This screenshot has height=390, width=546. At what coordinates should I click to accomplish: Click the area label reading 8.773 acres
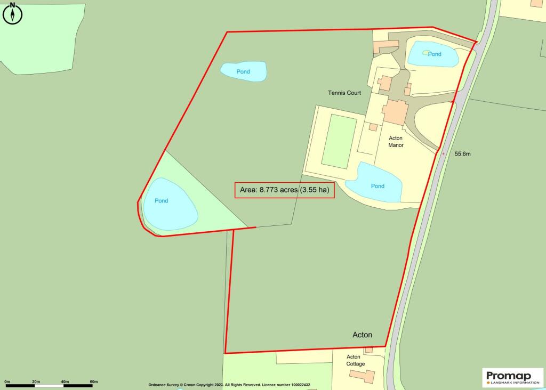pos(285,190)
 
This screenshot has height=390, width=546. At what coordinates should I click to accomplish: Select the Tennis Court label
pos(344,93)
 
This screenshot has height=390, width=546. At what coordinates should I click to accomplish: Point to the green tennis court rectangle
pos(339,141)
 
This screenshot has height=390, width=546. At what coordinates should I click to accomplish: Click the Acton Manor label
pos(396,141)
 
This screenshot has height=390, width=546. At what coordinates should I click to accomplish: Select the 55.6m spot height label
pos(463,153)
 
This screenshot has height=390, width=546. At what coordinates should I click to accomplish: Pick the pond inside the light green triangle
pos(170,203)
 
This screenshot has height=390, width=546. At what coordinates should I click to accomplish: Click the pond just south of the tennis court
pos(374,183)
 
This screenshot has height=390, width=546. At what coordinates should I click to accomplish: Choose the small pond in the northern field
pos(244,71)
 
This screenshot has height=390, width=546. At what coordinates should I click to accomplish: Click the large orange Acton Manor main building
pos(395,111)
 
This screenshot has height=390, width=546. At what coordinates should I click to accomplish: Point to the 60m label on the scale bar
pos(94,381)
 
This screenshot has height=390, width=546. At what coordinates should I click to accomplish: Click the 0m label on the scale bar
pos(7,381)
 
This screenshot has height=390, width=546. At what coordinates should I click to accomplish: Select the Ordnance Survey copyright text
pos(229,385)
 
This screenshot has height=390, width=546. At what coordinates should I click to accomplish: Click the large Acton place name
pos(363,335)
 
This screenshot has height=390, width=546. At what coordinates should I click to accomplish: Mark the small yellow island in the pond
pos(425,52)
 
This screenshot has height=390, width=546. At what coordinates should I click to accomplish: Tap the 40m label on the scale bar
pos(65,381)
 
